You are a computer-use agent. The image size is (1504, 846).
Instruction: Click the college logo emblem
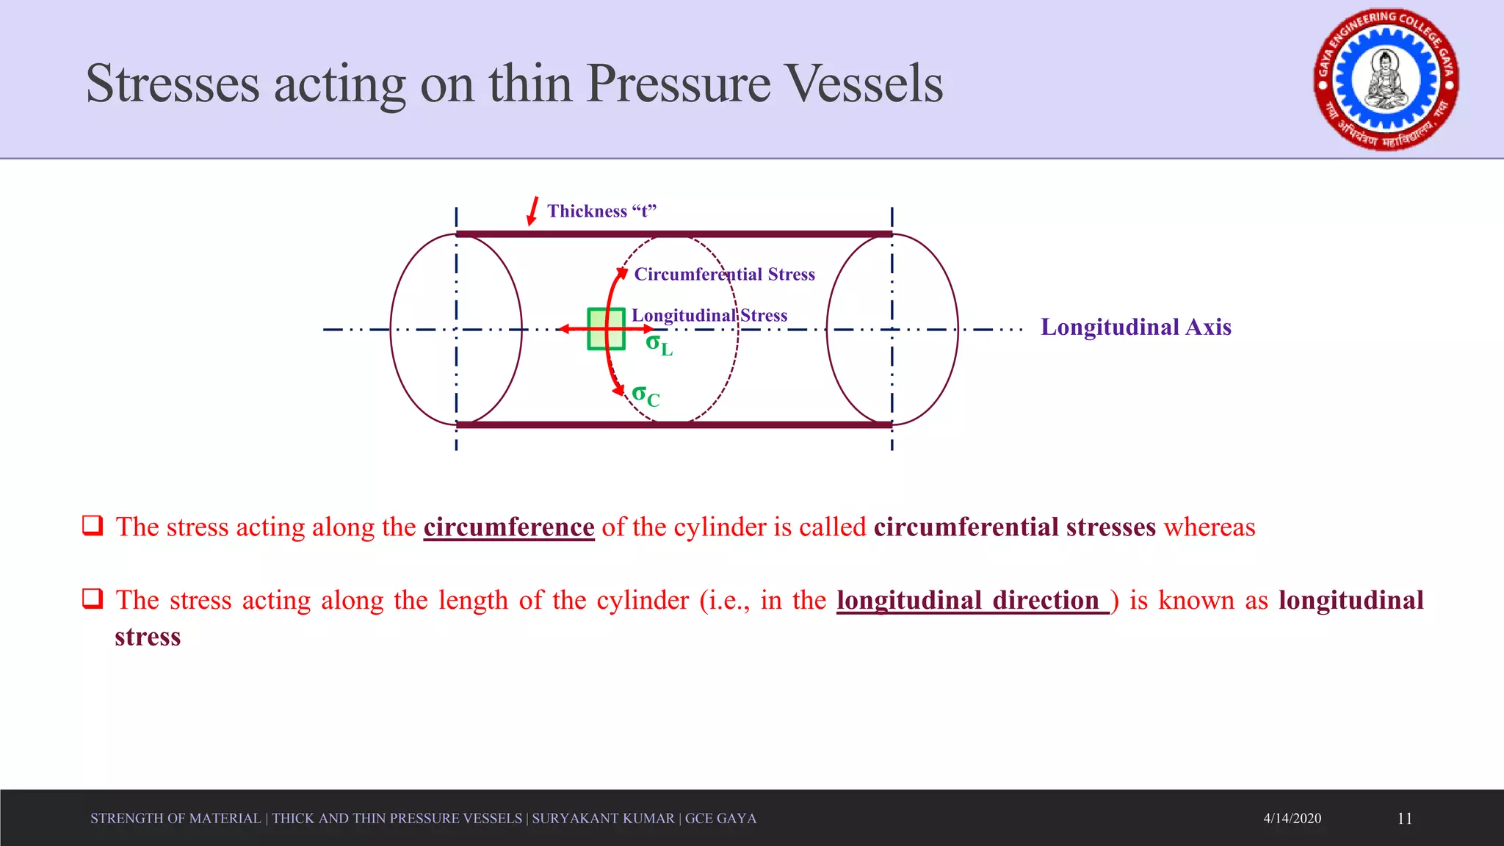pos(1386,80)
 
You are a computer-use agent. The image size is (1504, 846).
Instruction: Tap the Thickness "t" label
pos(601,211)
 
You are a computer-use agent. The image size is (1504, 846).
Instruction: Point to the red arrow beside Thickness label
pos(532,211)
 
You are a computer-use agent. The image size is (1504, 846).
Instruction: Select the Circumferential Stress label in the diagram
pos(724,274)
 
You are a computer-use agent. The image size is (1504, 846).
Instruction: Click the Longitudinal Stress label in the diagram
pos(709,316)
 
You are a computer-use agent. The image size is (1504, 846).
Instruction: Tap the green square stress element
pos(606,329)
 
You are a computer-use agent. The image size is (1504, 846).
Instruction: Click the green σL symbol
pos(659,344)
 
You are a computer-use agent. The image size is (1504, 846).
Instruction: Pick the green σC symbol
pos(646,396)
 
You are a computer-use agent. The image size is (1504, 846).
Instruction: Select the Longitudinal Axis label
pos(1135,327)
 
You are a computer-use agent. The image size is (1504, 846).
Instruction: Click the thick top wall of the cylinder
pos(673,234)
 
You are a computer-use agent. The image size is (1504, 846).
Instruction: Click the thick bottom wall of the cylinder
pos(673,424)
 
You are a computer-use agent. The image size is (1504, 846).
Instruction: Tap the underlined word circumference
pos(508,527)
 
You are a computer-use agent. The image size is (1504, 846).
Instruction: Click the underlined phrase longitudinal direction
pos(972,601)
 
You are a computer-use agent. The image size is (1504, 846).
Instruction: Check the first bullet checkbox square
pos(93,525)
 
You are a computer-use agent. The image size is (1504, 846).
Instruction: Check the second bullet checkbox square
pos(93,599)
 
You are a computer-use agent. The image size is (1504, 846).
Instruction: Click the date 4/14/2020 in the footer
pos(1292,818)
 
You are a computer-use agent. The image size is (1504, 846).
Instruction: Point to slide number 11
pos(1404,818)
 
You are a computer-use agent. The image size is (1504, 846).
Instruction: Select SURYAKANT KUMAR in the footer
pos(603,818)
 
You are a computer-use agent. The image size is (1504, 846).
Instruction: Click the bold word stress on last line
pos(148,637)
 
